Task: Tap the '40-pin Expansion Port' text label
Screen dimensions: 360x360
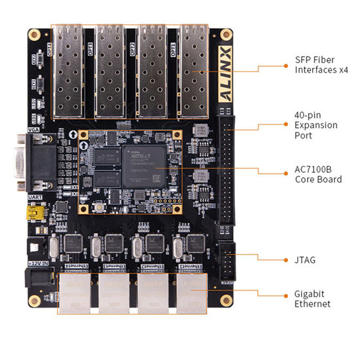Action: pyautogui.click(x=316, y=125)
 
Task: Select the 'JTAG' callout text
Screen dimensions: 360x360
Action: pyautogui.click(x=306, y=260)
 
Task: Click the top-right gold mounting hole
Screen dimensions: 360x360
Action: pyautogui.click(x=226, y=33)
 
